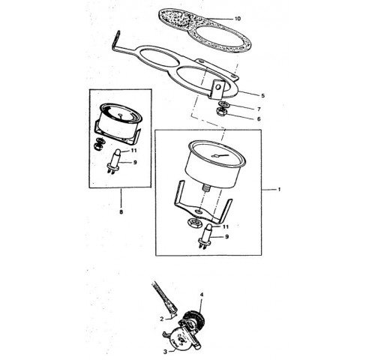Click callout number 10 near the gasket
pyautogui.click(x=238, y=19)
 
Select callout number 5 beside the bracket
pyautogui.click(x=262, y=95)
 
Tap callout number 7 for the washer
pyautogui.click(x=259, y=109)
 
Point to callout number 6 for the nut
pyautogui.click(x=259, y=118)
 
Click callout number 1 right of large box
pyautogui.click(x=279, y=190)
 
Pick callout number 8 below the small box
pyautogui.click(x=121, y=212)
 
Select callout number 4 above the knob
pyautogui.click(x=202, y=295)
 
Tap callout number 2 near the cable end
pyautogui.click(x=162, y=319)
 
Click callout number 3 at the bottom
pyautogui.click(x=165, y=352)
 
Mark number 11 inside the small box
pyautogui.click(x=134, y=151)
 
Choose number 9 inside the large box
pyautogui.click(x=226, y=236)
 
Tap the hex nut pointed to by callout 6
pyautogui.click(x=221, y=111)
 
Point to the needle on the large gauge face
pyautogui.click(x=220, y=156)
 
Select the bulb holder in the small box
pyautogui.click(x=114, y=161)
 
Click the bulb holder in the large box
pyautogui.click(x=205, y=236)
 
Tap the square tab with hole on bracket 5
pyautogui.click(x=218, y=89)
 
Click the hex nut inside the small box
pyautogui.click(x=97, y=146)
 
